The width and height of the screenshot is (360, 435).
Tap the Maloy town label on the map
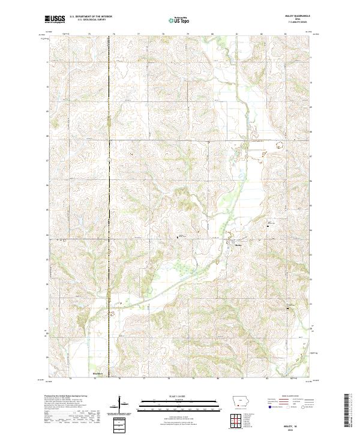(238, 245)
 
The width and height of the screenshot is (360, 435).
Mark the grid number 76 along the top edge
(114, 34)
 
